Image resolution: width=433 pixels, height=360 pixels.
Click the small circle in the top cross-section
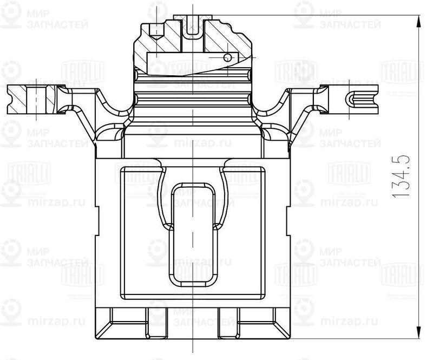pyautogui.click(x=227, y=56)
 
